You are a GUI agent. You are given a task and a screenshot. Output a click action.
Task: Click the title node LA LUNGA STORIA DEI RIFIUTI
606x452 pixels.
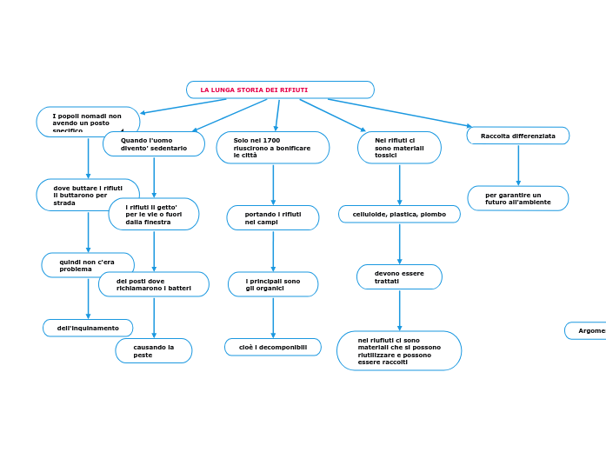coord(280,90)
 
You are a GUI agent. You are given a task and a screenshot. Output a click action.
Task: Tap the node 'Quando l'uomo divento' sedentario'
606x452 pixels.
coord(154,143)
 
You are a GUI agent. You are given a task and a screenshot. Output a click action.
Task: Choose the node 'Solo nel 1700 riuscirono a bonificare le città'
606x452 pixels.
coord(272,148)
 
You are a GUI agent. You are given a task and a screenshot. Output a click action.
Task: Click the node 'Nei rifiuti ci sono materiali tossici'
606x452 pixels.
coord(399,148)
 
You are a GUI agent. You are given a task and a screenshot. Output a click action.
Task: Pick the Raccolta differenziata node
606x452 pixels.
coord(518,136)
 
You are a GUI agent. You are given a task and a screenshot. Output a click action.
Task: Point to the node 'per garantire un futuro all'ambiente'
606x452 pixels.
coord(518,198)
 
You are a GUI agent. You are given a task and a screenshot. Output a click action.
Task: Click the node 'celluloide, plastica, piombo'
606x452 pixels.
coord(399,214)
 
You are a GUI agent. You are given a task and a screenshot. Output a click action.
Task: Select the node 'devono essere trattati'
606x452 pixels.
coord(399,277)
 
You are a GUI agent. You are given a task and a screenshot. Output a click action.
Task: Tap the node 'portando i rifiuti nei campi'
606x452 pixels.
coord(273,217)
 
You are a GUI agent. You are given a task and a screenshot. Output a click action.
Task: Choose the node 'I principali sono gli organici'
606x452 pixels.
coord(273,284)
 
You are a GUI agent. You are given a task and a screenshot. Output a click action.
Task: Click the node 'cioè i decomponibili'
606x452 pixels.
coord(273,347)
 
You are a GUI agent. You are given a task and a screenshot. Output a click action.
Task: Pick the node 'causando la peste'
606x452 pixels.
coord(154,350)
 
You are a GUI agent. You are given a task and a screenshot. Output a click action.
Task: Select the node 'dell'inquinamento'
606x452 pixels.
coord(88,328)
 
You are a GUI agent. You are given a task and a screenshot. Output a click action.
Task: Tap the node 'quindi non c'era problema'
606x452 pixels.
coord(88,265)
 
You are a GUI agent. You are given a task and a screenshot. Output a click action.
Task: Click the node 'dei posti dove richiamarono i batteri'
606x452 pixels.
coord(154,284)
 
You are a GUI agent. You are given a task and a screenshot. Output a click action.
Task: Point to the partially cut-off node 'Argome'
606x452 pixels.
coord(587,330)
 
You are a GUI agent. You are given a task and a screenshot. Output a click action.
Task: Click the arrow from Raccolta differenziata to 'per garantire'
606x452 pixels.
coord(518,165)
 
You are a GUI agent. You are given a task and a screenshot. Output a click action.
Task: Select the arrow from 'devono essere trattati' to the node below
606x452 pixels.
coord(400,309)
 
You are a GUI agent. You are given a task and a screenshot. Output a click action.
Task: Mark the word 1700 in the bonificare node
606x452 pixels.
coord(271,140)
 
